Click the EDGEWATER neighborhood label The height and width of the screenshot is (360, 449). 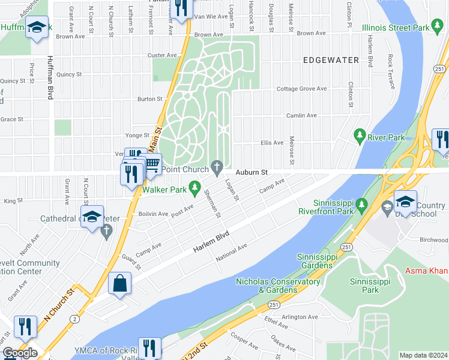[331, 60]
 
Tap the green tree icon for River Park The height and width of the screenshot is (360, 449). [360, 136]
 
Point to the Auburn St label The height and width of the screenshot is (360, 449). [251, 172]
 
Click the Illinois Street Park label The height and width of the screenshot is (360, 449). [396, 28]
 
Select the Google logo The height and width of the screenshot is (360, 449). [19, 353]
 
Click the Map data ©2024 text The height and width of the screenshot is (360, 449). [423, 355]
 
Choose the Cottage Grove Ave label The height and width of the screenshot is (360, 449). [301, 89]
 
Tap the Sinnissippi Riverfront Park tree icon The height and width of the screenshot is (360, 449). [361, 206]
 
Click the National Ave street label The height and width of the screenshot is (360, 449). [232, 253]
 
